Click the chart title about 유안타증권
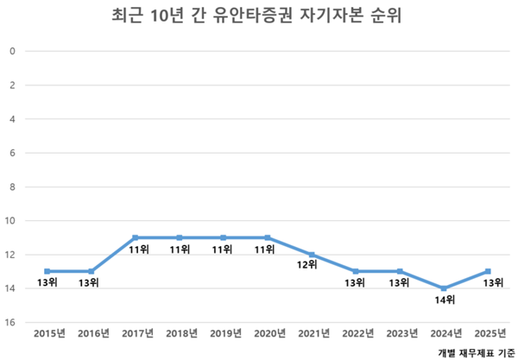point(259,16)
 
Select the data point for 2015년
point(47,271)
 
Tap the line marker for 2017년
point(136,237)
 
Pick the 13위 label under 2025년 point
point(490,283)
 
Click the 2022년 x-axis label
point(357,332)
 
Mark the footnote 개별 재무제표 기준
point(474,351)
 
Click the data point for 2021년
point(313,255)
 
